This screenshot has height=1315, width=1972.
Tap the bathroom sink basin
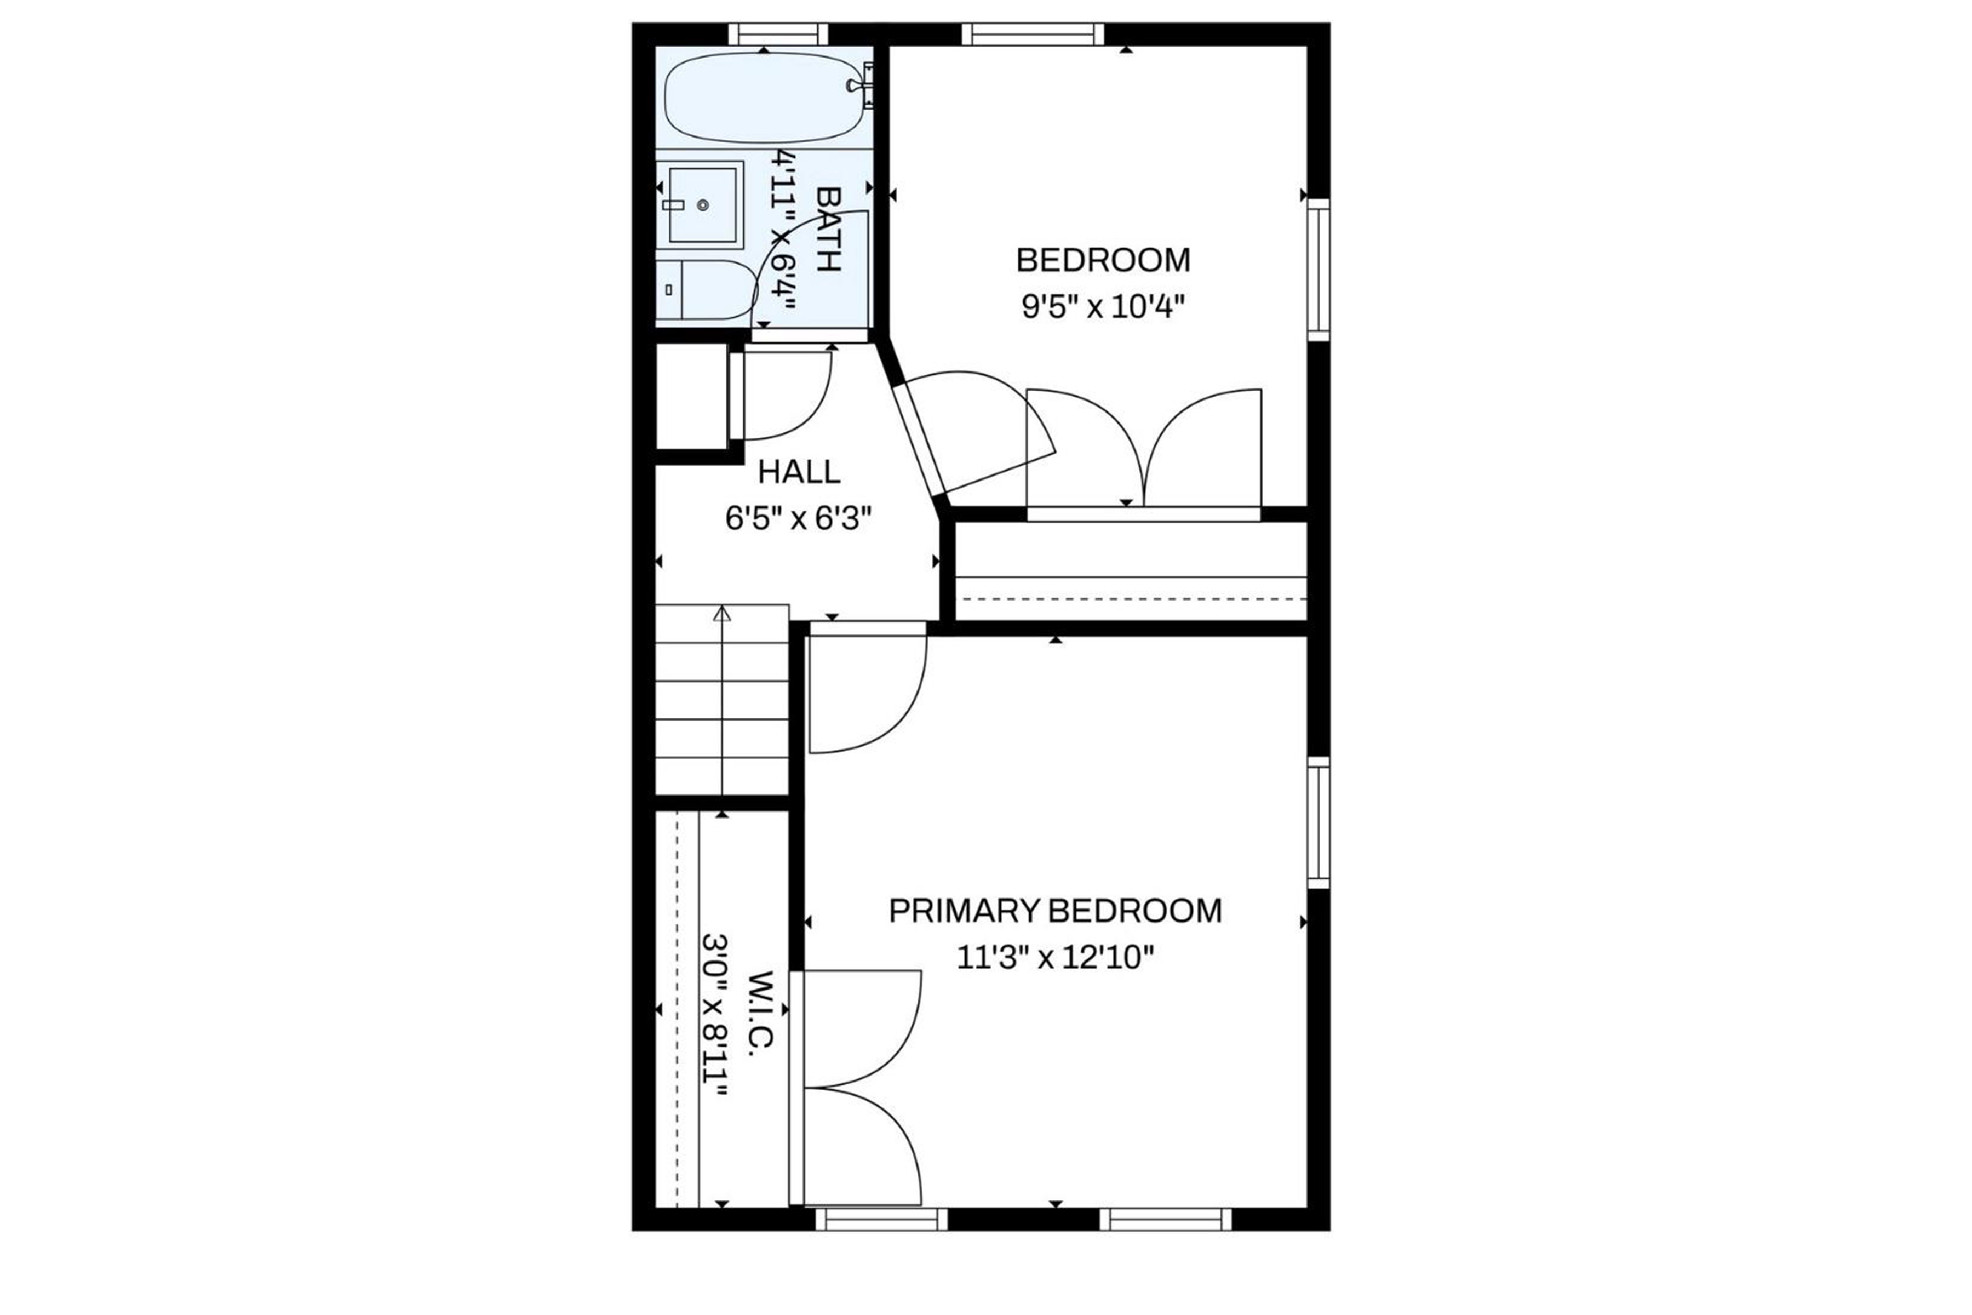(703, 204)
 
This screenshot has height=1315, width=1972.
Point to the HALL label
(799, 472)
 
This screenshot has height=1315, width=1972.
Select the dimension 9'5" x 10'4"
(1103, 307)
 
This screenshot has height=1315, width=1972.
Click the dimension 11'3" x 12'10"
(1056, 957)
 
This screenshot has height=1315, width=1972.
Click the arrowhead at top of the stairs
(722, 613)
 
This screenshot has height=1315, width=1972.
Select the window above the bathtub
(778, 35)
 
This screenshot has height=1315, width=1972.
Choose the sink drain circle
(703, 204)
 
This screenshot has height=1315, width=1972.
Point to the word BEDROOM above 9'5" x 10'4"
(1103, 260)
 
